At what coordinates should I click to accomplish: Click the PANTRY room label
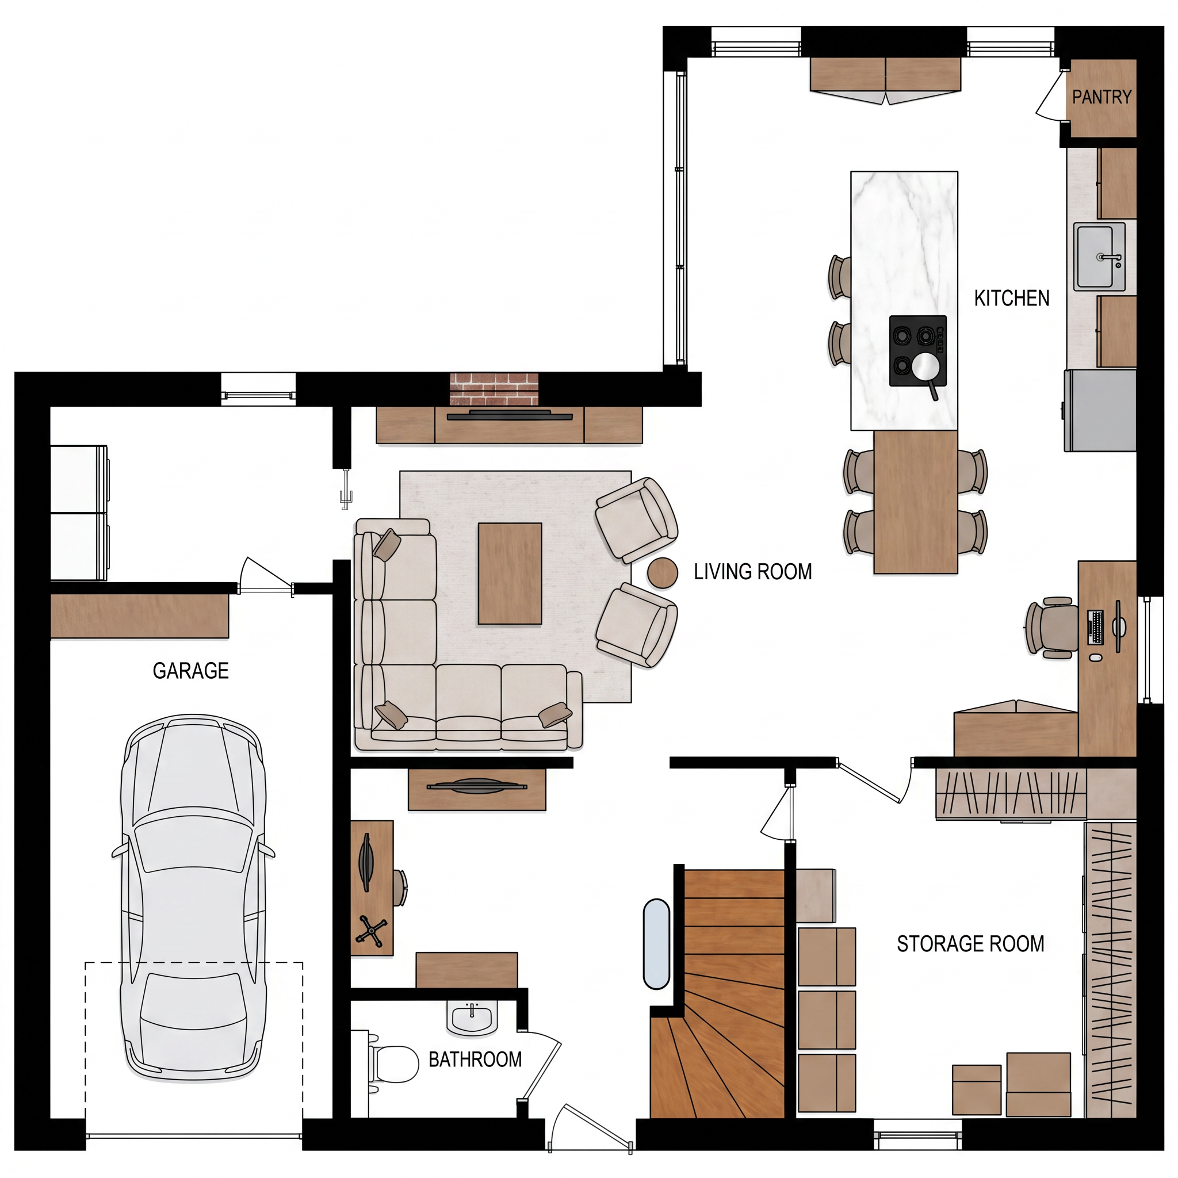click(x=1101, y=97)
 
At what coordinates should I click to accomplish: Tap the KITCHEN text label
click(x=1012, y=298)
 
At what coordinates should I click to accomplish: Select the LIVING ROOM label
click(x=753, y=571)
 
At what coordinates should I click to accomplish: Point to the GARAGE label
click(x=191, y=671)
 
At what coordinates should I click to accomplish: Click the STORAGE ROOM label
click(x=970, y=944)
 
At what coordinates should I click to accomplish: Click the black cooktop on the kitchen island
click(x=917, y=351)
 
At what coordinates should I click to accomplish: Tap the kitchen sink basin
click(x=1099, y=257)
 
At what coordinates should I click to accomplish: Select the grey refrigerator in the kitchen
click(x=1100, y=410)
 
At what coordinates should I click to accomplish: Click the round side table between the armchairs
click(x=662, y=573)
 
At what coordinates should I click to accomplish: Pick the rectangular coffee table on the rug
click(x=510, y=573)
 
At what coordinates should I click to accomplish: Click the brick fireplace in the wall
click(x=495, y=389)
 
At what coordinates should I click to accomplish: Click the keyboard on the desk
click(x=1095, y=628)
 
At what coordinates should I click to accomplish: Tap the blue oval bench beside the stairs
click(x=657, y=944)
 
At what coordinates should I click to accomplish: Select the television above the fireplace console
click(x=509, y=416)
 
